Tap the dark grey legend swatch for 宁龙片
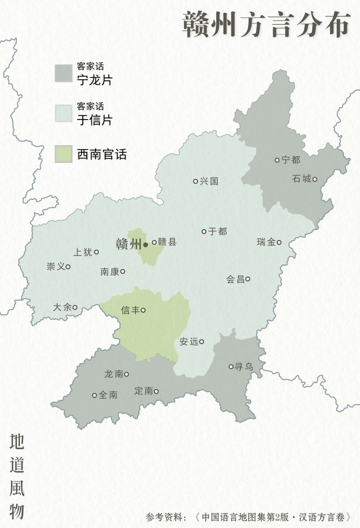pos(63,73)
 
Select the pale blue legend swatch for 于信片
pos(63,113)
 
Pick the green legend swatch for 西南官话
pos(63,154)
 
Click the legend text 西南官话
pos(102,154)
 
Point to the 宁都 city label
pos(291,160)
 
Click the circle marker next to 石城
pos(315,179)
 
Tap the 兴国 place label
pos(209,181)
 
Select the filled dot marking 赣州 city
pos(145,244)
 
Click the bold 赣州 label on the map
pos(128,244)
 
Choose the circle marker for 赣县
pos(154,242)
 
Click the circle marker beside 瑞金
pos(279,242)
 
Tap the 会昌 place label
pos(235,279)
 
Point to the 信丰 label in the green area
pos(130,310)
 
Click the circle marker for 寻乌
pos(231,367)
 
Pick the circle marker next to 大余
pos(75,308)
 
